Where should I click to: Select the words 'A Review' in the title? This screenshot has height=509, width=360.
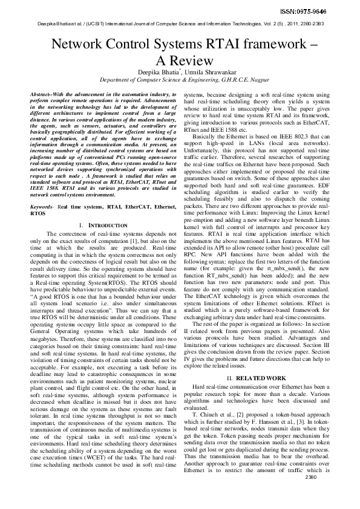pyautogui.click(x=180, y=60)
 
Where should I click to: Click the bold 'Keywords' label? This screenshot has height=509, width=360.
pyautogui.click(x=41, y=207)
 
